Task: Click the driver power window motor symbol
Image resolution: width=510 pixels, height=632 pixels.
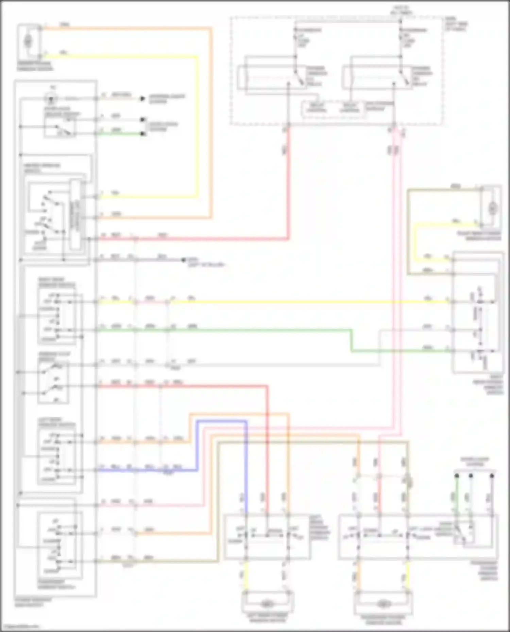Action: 28,41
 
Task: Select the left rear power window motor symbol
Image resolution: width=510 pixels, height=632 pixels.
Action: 267,604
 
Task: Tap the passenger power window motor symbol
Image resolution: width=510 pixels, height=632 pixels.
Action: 383,604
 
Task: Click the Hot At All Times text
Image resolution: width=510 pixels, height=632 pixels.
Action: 402,10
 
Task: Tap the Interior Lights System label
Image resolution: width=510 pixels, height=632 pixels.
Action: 167,98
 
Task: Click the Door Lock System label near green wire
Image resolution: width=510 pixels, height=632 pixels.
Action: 162,126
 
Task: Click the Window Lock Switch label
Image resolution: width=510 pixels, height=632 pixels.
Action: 54,356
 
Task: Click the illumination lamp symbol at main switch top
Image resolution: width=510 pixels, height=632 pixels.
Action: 51,99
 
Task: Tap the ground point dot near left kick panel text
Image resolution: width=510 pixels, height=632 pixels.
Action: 184,260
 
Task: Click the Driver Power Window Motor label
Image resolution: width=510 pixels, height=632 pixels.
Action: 35,66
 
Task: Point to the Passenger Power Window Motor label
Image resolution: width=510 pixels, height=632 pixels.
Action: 383,620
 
